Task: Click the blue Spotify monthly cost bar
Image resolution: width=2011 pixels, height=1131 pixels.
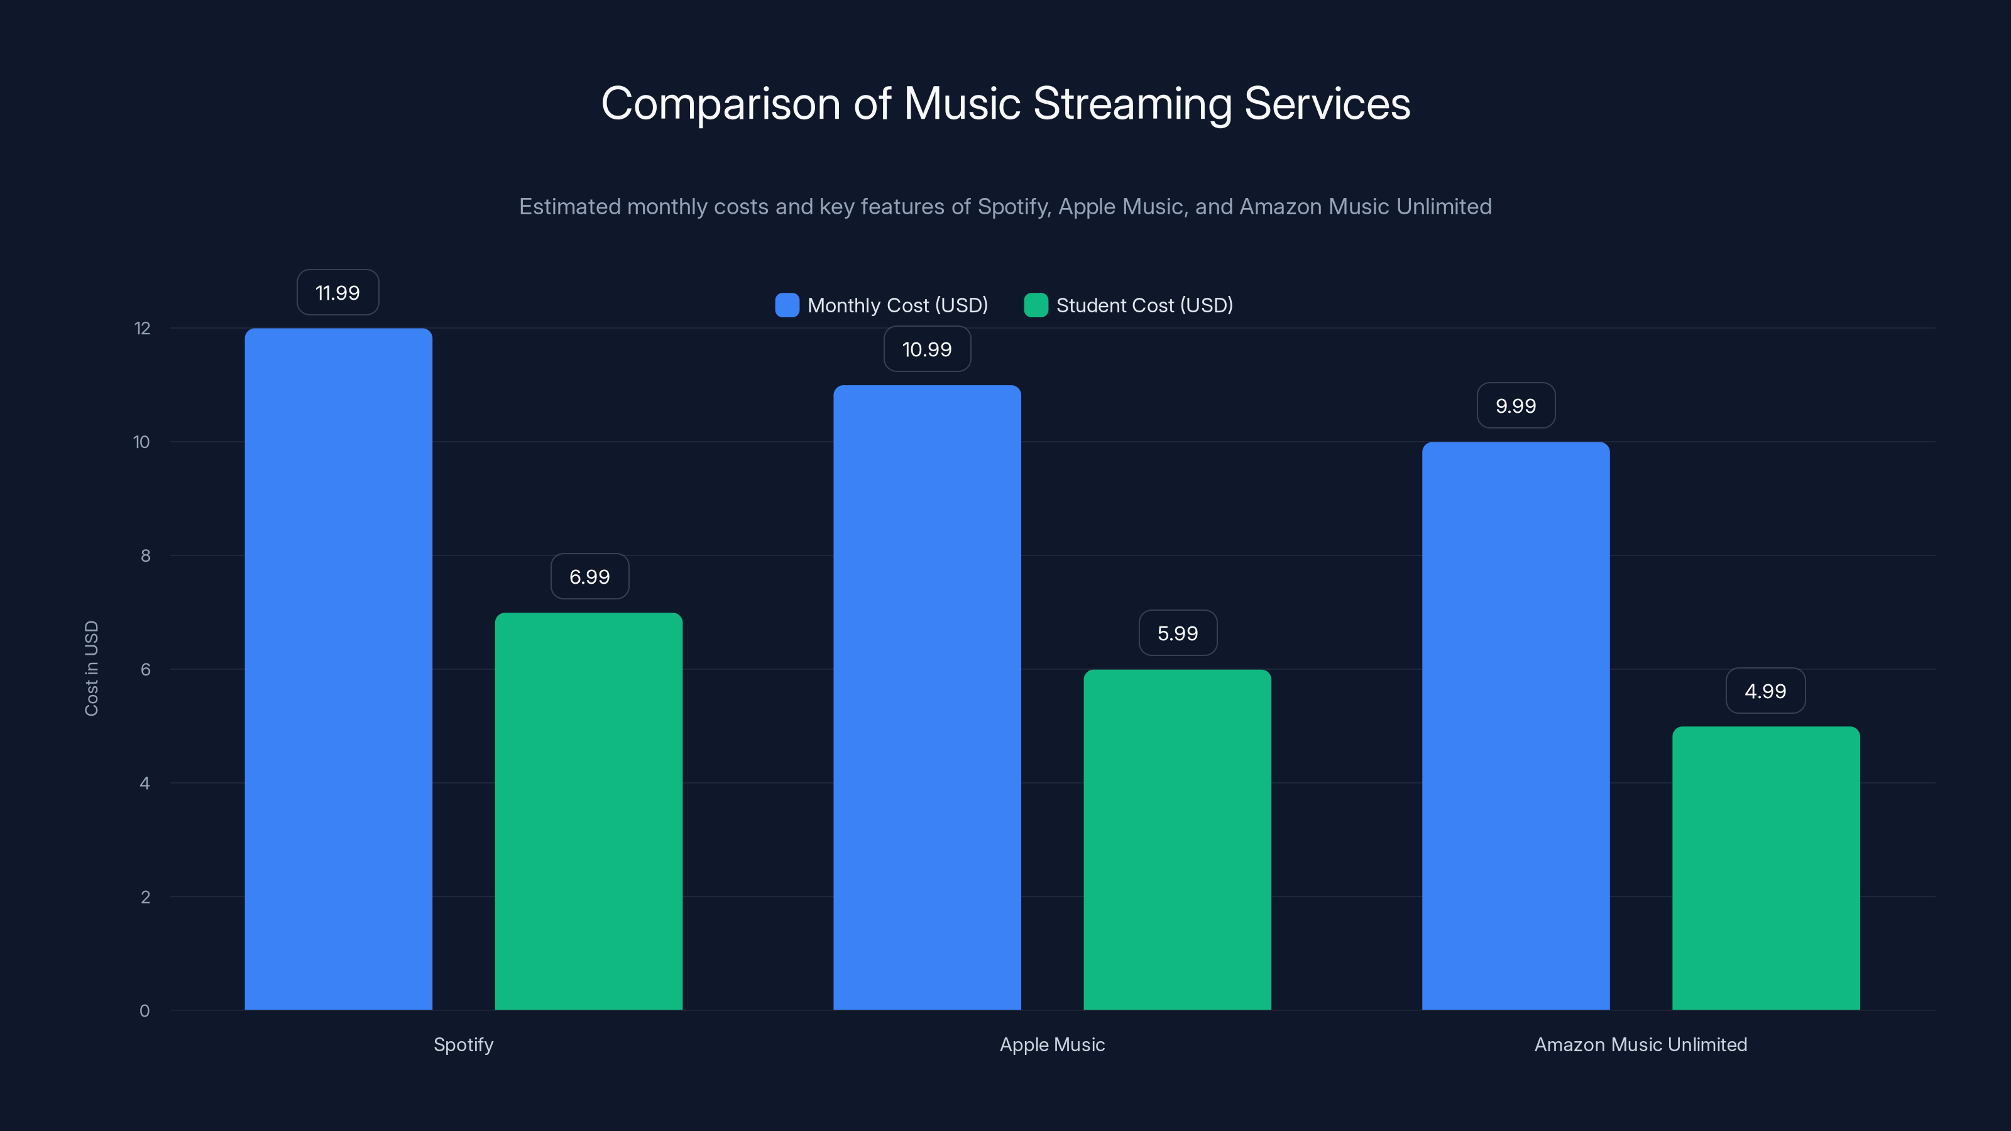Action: (338, 669)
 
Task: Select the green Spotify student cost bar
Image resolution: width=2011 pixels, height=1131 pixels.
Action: (589, 811)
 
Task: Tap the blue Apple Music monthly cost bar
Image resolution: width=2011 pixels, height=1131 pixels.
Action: (927, 697)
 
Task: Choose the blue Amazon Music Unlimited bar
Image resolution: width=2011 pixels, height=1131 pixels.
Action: (1515, 726)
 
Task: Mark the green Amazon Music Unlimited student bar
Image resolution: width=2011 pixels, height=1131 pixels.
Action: (1766, 868)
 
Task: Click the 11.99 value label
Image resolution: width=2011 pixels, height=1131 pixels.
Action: (337, 293)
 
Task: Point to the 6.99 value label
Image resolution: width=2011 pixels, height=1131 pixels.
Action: (589, 577)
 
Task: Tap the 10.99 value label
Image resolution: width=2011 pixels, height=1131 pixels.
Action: (927, 349)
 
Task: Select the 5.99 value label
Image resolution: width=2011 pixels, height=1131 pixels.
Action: (1177, 633)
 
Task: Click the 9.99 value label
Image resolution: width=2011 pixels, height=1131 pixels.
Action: (1515, 406)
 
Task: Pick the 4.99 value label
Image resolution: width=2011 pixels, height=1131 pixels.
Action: (1765, 691)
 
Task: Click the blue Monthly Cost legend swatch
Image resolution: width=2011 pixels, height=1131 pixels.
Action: (787, 305)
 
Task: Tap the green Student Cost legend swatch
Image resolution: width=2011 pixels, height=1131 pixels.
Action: (1035, 305)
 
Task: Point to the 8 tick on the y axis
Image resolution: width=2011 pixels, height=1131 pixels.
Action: (145, 555)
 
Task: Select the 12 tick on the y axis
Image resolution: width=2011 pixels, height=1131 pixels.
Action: (142, 329)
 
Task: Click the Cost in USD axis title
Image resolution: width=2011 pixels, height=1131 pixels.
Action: (91, 668)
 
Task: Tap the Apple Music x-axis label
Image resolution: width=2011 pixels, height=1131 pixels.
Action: (1051, 1044)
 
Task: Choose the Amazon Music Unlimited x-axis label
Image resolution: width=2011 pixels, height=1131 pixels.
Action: (1640, 1044)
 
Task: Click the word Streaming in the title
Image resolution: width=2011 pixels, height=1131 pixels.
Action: (1132, 104)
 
